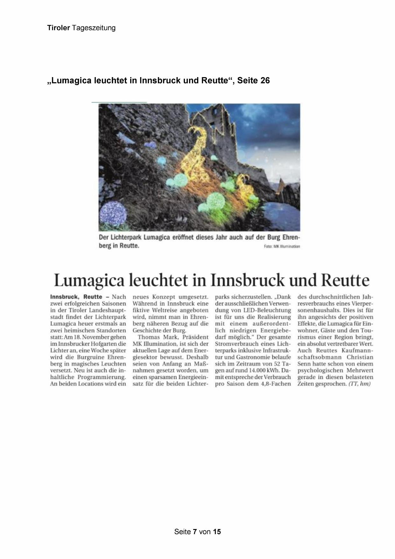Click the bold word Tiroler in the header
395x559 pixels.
pos(58,28)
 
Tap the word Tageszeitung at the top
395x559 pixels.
pos(94,28)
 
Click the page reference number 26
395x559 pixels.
pos(265,81)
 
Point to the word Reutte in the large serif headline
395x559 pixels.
pos(345,280)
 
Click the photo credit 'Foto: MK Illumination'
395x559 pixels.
pos(282,246)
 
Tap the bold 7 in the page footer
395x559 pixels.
pos(195,532)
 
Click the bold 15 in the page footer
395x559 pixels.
pos(217,532)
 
